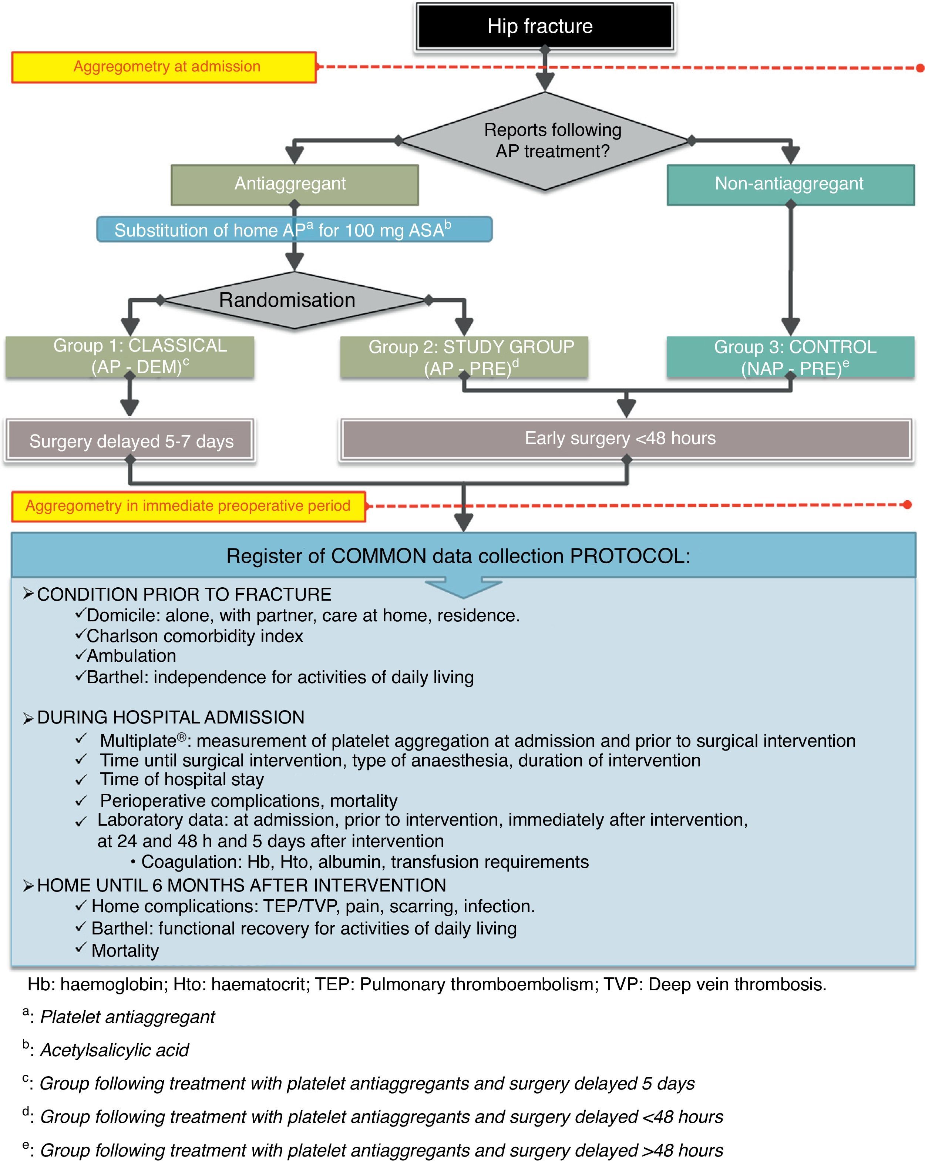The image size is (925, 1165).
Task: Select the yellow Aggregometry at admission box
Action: tap(164, 67)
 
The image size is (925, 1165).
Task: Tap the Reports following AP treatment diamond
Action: tap(546, 141)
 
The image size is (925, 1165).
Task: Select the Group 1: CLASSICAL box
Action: tap(129, 357)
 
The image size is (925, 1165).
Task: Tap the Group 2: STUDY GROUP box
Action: tap(464, 357)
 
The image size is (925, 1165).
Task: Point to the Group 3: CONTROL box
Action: tap(790, 357)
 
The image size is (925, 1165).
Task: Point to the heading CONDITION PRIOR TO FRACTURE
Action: tap(184, 594)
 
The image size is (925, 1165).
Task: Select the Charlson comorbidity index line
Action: tap(195, 636)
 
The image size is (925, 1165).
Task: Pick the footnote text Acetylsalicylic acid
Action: tap(115, 1050)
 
